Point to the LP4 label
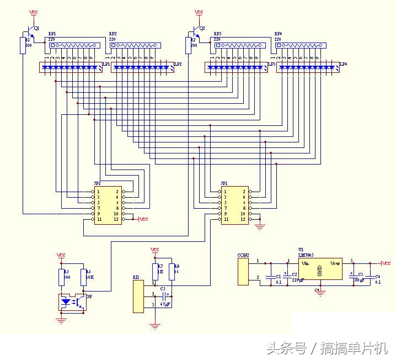(343, 65)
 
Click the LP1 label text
(106, 65)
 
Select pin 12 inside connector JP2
(116, 219)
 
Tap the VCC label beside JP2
(143, 219)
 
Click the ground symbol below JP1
(259, 225)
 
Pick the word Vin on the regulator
(304, 264)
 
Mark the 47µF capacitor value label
(164, 304)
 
